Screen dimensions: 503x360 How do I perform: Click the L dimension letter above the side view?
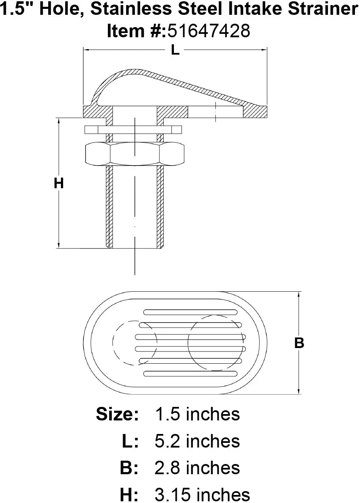[175, 50]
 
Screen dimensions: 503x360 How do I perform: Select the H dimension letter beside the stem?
[59, 183]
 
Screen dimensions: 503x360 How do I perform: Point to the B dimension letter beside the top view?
[299, 343]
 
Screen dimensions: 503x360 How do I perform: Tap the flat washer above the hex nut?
[133, 129]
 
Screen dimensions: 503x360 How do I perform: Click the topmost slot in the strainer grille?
[190, 312]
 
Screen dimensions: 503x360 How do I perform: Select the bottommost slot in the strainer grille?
[190, 374]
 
